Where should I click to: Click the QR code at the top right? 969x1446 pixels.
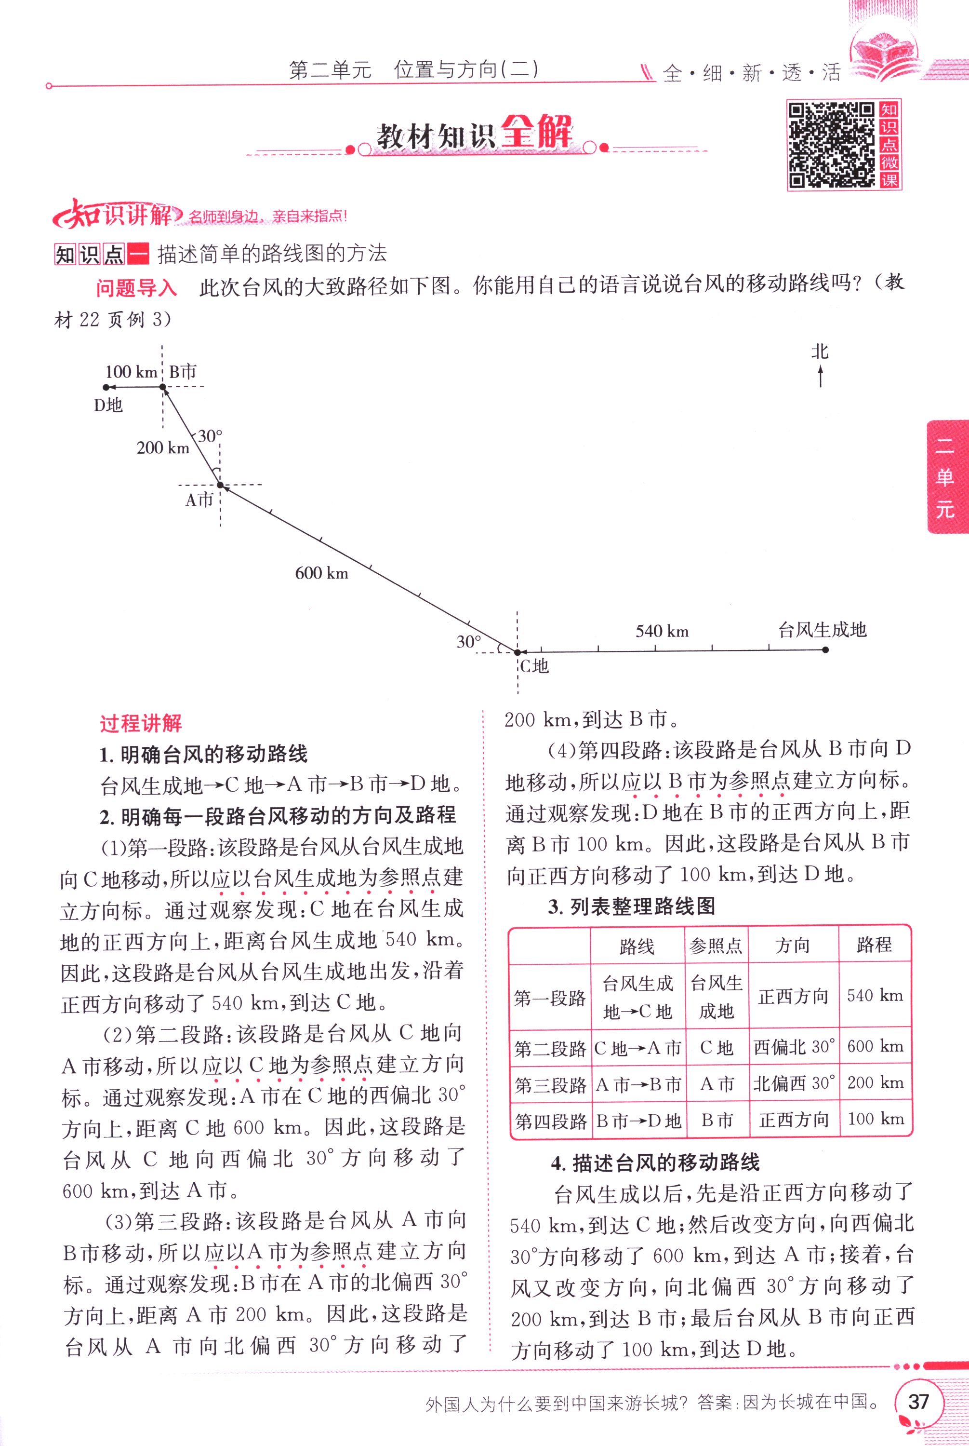tap(832, 145)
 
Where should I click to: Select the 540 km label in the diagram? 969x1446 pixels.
tap(662, 631)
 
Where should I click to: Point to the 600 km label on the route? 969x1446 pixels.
tap(321, 573)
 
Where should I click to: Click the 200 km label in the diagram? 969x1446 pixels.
tap(162, 447)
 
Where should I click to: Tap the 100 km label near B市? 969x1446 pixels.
tap(131, 372)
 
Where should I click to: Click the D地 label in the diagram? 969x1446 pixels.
tap(108, 405)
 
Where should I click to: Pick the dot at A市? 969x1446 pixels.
tap(220, 485)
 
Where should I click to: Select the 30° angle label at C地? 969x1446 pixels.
tap(468, 642)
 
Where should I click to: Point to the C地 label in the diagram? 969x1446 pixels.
tap(534, 666)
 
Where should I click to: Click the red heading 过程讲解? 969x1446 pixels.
tap(141, 723)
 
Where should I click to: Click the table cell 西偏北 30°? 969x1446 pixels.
tap(794, 1047)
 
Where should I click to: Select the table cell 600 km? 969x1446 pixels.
tap(875, 1047)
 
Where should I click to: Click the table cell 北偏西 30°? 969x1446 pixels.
tap(794, 1083)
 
